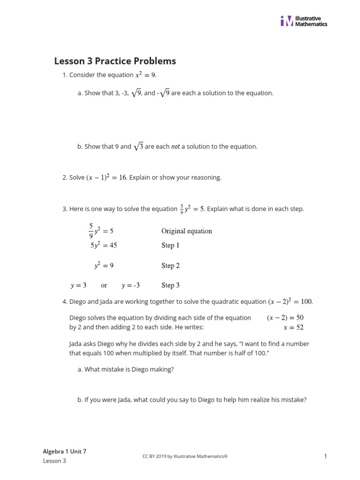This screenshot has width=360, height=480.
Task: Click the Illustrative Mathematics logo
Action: click(x=304, y=21)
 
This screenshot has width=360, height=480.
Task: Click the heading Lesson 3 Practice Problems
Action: click(x=115, y=61)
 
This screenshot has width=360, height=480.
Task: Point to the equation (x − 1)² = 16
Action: click(x=106, y=178)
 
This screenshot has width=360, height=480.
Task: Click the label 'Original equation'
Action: click(x=187, y=231)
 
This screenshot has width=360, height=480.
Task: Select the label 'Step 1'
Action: click(x=171, y=246)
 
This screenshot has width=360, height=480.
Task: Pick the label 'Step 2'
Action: click(x=171, y=266)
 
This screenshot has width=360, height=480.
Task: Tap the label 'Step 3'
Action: click(x=171, y=285)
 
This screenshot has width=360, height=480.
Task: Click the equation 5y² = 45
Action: click(x=104, y=245)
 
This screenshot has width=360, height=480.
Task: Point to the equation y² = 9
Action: click(x=104, y=265)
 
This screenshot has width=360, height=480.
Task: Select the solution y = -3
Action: click(x=131, y=285)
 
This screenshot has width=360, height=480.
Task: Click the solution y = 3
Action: click(x=78, y=285)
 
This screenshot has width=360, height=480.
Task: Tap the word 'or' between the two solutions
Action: click(x=104, y=285)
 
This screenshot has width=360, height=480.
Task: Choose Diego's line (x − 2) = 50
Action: click(x=285, y=318)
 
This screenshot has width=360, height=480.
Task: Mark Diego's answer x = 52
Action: click(x=293, y=327)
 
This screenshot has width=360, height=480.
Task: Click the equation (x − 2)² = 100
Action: click(x=290, y=301)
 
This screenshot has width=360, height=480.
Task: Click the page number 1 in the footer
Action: click(x=325, y=456)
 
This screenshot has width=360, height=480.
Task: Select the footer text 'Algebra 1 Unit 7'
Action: click(x=65, y=451)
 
